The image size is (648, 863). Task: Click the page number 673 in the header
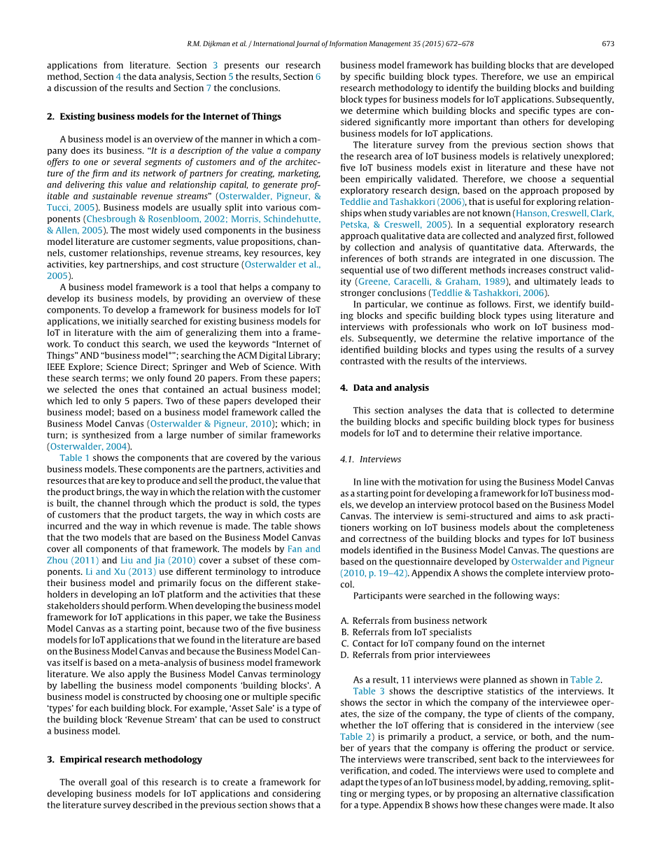(x=607, y=43)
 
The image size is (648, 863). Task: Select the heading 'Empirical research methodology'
(x=131, y=759)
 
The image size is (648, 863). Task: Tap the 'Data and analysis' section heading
(x=390, y=387)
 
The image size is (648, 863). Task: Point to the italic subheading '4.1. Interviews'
(x=370, y=459)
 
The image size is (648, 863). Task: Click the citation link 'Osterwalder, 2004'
(x=89, y=446)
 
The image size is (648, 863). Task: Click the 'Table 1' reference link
(x=74, y=457)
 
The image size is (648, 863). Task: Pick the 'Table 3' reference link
(x=367, y=690)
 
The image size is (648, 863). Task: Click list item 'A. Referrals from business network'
(x=414, y=620)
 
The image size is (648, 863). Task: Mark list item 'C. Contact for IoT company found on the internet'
(x=442, y=643)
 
